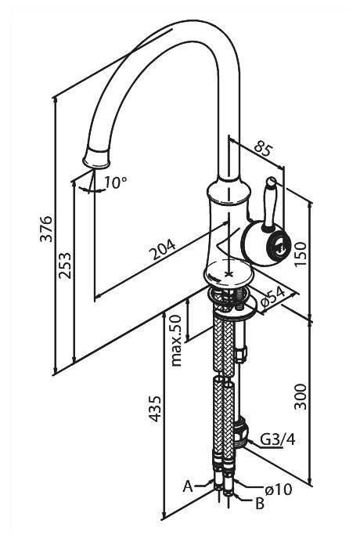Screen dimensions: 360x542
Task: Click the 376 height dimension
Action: (x=46, y=229)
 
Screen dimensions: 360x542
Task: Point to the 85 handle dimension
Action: (x=264, y=148)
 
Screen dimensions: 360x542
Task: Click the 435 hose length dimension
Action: (x=155, y=409)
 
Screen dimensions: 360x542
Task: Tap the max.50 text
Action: (x=176, y=341)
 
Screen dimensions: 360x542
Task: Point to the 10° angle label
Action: (x=116, y=182)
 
